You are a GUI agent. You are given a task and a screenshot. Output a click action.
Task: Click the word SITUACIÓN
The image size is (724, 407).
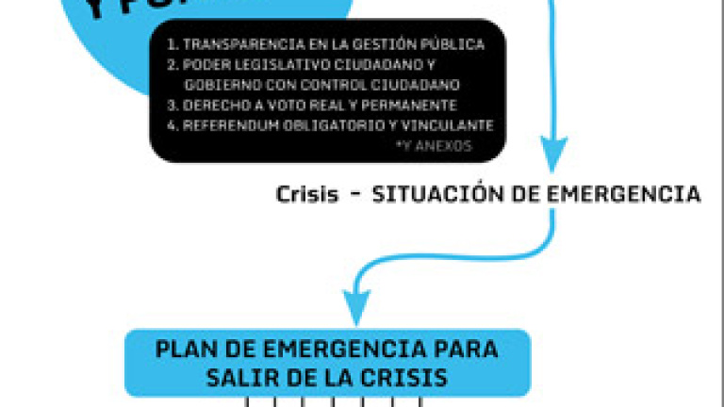coord(420,195)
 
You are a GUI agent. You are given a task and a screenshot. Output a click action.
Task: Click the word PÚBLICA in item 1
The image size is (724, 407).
coord(457,44)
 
